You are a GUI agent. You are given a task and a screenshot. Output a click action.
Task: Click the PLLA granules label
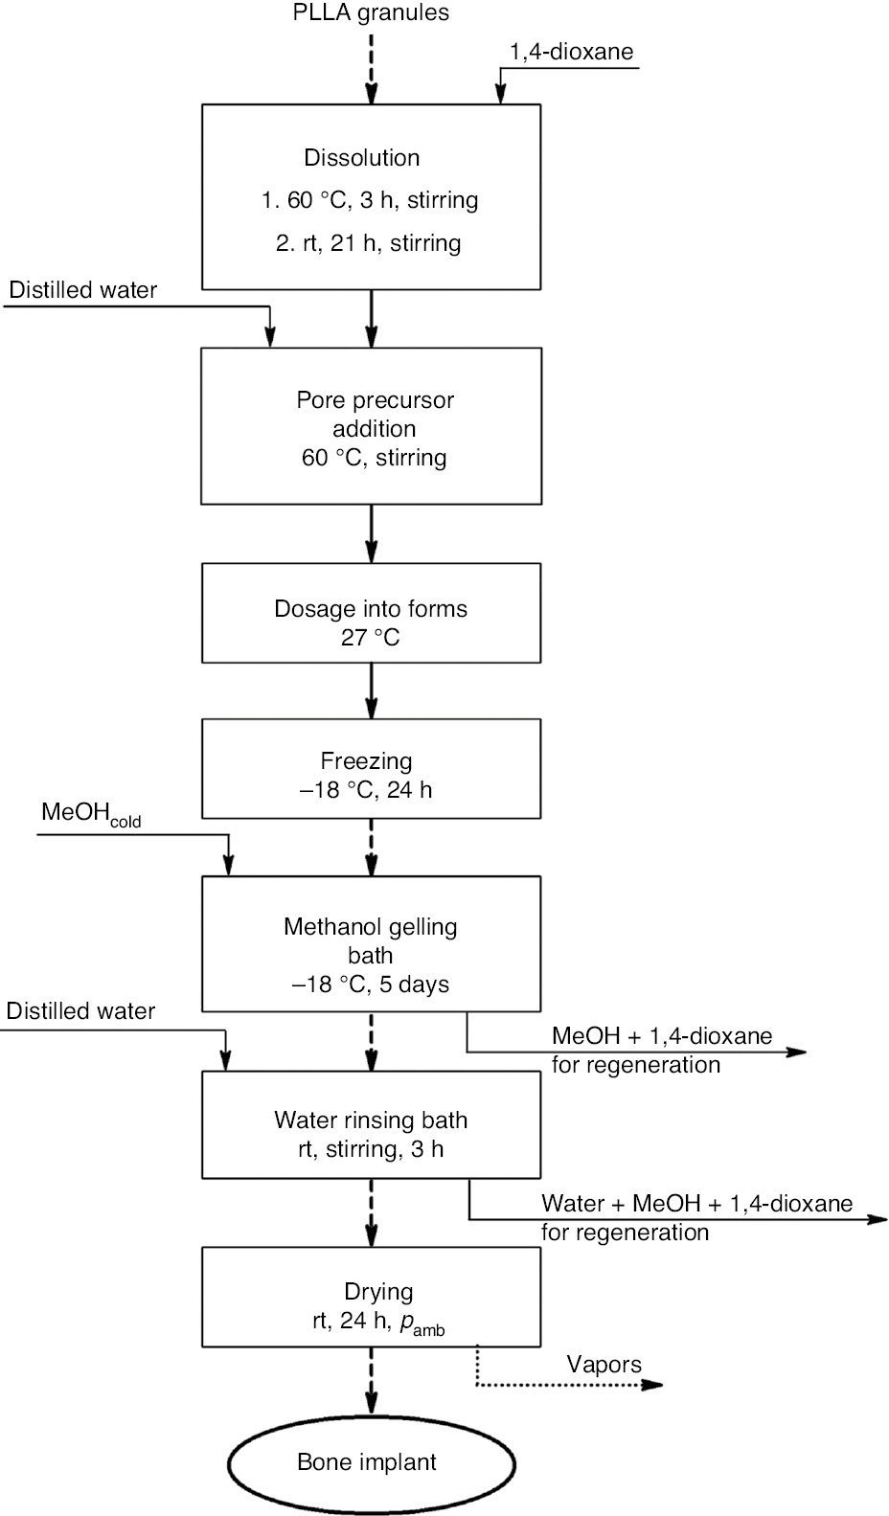[371, 12]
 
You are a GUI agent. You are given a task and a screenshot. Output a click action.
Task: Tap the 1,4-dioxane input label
[571, 52]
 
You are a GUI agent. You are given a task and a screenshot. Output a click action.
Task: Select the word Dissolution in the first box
[362, 158]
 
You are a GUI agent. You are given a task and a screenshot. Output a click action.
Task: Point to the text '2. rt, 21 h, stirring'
[369, 243]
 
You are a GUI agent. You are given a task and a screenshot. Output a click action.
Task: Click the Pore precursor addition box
[371, 426]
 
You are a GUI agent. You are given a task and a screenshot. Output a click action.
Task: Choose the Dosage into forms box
[371, 613]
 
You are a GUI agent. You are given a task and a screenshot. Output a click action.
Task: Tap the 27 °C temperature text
[370, 638]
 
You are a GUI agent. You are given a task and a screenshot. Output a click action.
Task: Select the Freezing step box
[371, 769]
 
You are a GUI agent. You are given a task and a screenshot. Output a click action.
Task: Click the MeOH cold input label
[91, 815]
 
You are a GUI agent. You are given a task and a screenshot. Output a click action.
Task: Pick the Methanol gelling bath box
[371, 943]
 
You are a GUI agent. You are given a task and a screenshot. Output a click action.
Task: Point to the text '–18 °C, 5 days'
[371, 984]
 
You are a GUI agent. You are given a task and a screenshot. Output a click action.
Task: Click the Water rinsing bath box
[371, 1124]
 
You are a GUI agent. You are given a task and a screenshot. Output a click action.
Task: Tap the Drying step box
[371, 1296]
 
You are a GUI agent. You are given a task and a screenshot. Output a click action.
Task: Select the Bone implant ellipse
[371, 1463]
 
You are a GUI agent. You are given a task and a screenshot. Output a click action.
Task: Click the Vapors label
[604, 1365]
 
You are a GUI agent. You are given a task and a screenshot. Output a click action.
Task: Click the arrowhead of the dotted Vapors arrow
[653, 1385]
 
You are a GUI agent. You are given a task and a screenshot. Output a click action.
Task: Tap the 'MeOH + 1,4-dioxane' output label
[661, 1036]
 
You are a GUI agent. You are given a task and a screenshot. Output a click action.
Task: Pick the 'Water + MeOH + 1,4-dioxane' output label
[696, 1204]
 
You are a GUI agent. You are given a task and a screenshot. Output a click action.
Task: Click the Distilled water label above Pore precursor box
[83, 290]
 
